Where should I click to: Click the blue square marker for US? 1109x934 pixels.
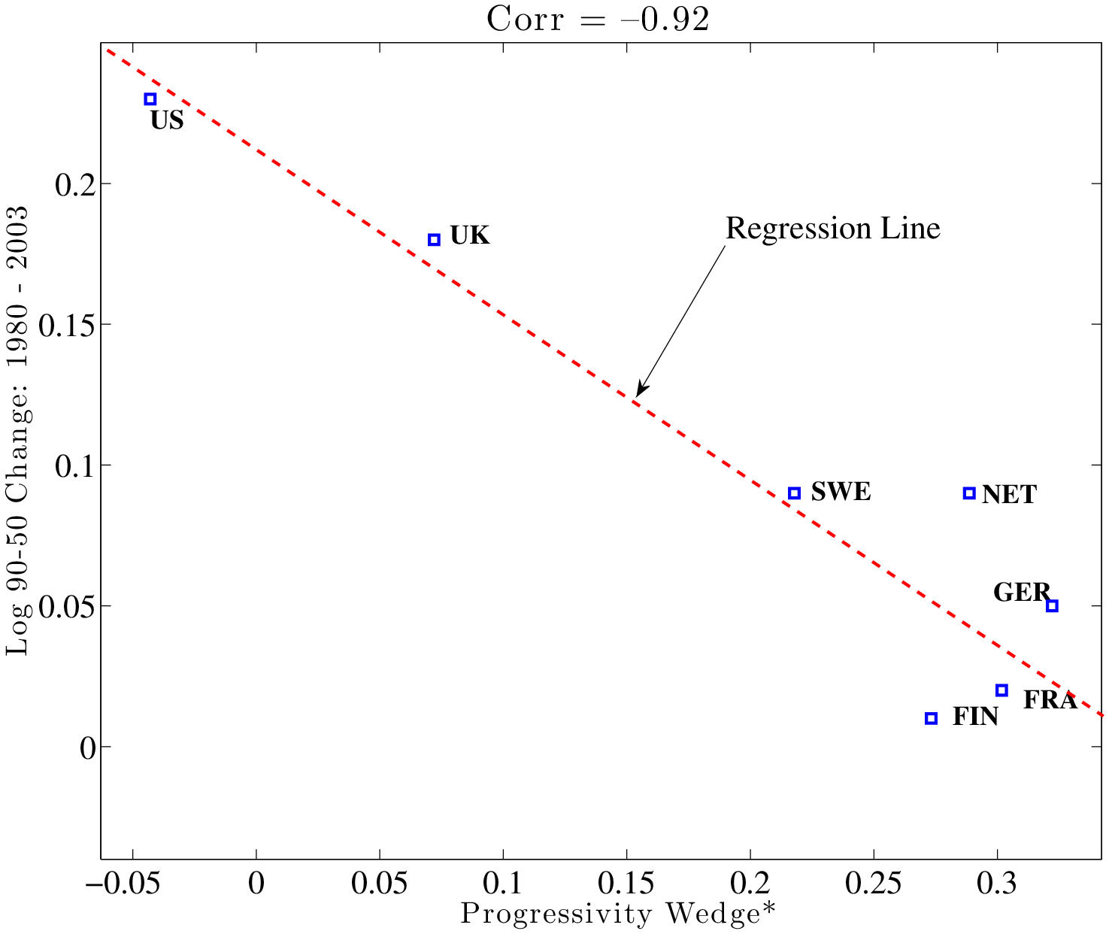pos(150,99)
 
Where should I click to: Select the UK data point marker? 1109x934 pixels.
pos(434,240)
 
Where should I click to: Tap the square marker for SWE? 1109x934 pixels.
pos(794,493)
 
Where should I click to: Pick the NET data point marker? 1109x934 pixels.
pos(969,493)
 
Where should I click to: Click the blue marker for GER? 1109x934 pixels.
pos(1052,606)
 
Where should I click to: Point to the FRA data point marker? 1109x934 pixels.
pos(1001,690)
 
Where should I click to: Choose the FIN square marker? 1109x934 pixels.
pos(931,718)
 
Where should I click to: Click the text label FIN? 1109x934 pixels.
pos(975,717)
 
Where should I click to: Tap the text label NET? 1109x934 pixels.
pos(1009,495)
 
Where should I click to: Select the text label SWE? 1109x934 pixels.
pos(841,492)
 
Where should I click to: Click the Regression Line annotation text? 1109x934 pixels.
pos(832,229)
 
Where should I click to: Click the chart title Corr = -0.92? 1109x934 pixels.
pos(598,20)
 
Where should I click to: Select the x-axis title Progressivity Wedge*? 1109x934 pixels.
pos(617,914)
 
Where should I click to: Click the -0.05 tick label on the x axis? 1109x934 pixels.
pos(132,884)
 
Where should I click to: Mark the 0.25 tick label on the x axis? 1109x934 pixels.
pos(874,884)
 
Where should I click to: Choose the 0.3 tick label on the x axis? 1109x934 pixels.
pos(997,884)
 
